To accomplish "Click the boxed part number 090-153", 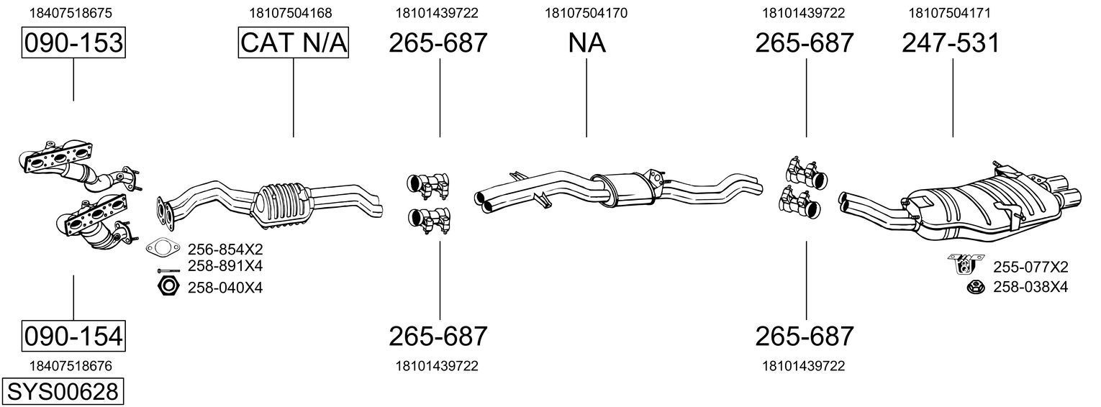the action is pos(73,42).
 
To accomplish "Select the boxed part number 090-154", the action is pos(73,337).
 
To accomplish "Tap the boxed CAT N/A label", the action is pos(294,42).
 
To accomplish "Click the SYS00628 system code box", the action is pos(63,392).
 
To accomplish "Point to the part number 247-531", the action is pos(951,42).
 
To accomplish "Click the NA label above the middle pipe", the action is pos(586,42).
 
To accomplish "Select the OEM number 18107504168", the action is pos(291,13).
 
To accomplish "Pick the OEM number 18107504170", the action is pos(586,13).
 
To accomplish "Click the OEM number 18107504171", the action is pos(949,13).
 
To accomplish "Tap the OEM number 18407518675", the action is pos(71,13).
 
